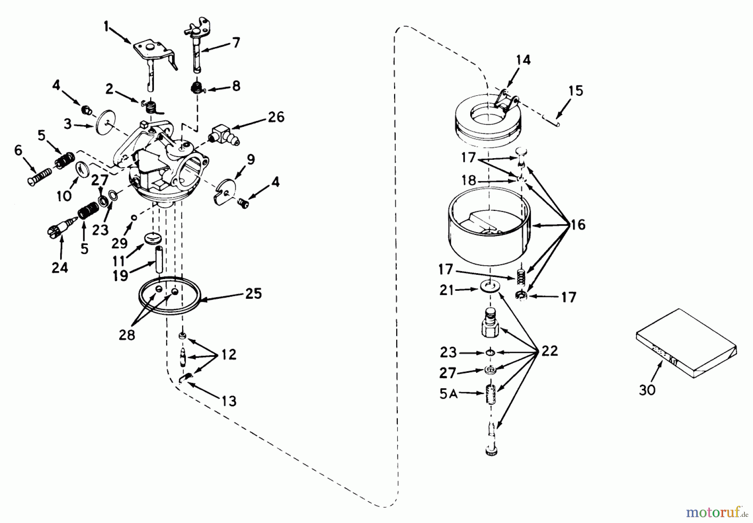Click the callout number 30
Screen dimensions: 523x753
pyautogui.click(x=647, y=390)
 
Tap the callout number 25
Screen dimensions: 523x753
pyautogui.click(x=254, y=294)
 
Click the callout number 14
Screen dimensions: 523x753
pyautogui.click(x=523, y=60)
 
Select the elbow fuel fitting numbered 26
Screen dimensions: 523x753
pyautogui.click(x=222, y=137)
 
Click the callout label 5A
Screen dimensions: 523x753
pyautogui.click(x=448, y=393)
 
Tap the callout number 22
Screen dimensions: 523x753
pyautogui.click(x=549, y=351)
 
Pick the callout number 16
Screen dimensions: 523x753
pyautogui.click(x=577, y=225)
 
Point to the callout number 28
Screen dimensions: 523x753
pyautogui.click(x=127, y=335)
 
